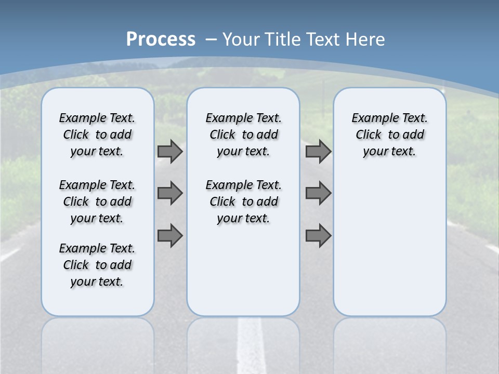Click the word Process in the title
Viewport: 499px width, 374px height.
(x=161, y=39)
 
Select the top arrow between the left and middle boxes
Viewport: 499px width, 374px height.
(x=170, y=151)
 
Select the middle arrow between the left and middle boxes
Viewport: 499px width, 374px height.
(x=170, y=193)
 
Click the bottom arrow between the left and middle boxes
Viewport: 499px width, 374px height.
(x=170, y=236)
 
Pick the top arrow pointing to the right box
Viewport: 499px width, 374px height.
(x=318, y=151)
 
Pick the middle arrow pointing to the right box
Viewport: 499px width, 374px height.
(x=318, y=193)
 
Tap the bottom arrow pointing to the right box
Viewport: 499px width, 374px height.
(x=318, y=236)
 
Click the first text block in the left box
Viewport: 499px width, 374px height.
(x=97, y=135)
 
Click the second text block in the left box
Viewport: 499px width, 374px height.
(x=97, y=202)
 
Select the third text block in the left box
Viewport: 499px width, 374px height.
(x=97, y=265)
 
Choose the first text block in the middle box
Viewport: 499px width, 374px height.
(x=243, y=135)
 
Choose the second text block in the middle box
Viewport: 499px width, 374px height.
(x=243, y=202)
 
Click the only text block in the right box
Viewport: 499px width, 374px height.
(x=389, y=135)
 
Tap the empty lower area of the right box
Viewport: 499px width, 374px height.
(x=389, y=249)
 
